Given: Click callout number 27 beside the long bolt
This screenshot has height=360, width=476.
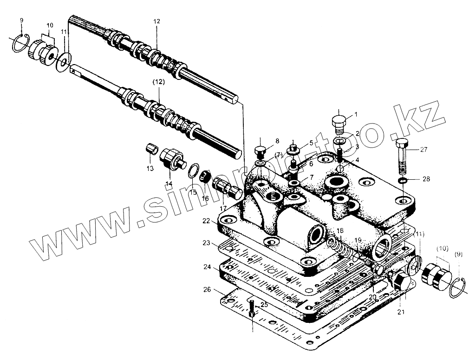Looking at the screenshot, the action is tap(424, 150).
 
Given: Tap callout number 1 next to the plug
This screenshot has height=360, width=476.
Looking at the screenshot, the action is tap(356, 114).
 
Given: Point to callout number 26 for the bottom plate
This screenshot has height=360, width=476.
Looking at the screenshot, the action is tap(207, 289).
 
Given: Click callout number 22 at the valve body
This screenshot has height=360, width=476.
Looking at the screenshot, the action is tap(207, 221).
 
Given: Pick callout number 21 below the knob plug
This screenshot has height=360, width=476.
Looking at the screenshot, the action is tap(400, 312).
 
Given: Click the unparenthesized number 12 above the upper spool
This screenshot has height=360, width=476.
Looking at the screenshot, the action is tap(156, 21).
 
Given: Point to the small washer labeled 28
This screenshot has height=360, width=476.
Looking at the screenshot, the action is tap(403, 180).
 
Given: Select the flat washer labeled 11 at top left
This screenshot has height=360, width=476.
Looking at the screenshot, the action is tap(63, 62).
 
